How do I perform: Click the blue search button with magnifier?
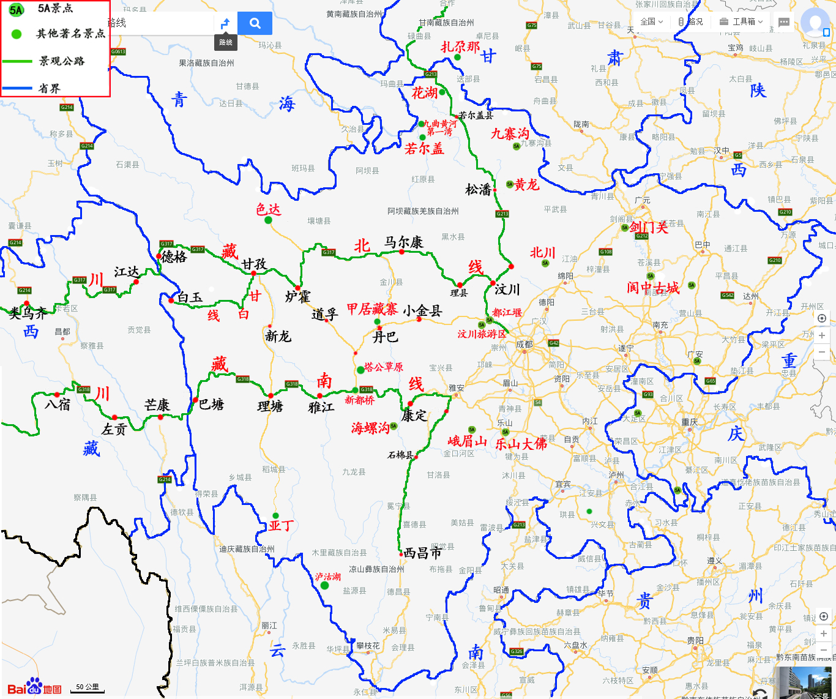pyautogui.click(x=255, y=23)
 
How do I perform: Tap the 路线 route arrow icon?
pyautogui.click(x=225, y=23)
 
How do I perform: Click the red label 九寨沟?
pyautogui.click(x=509, y=133)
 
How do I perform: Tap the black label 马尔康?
pyautogui.click(x=403, y=242)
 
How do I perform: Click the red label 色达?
pyautogui.click(x=268, y=209)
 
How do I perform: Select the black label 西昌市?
pyautogui.click(x=422, y=553)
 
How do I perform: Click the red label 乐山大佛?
pyautogui.click(x=521, y=444)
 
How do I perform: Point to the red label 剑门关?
pyautogui.click(x=649, y=228)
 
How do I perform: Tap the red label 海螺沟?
pyautogui.click(x=370, y=428)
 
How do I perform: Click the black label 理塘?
pyautogui.click(x=270, y=406)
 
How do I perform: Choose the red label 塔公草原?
pyautogui.click(x=383, y=367)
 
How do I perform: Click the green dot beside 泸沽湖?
pyautogui.click(x=324, y=586)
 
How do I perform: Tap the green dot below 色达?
pyautogui.click(x=268, y=220)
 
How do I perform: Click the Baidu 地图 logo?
pyautogui.click(x=34, y=688)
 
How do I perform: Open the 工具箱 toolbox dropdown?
pyautogui.click(x=741, y=21)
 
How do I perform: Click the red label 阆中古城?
pyautogui.click(x=652, y=288)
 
